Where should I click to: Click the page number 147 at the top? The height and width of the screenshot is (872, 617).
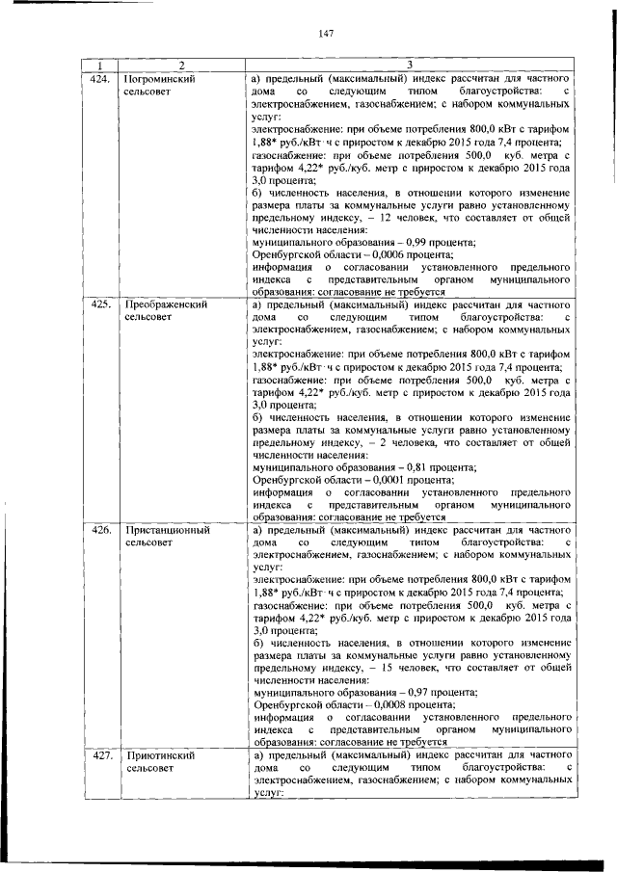325,34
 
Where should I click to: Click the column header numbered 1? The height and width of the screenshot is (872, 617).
99,65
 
